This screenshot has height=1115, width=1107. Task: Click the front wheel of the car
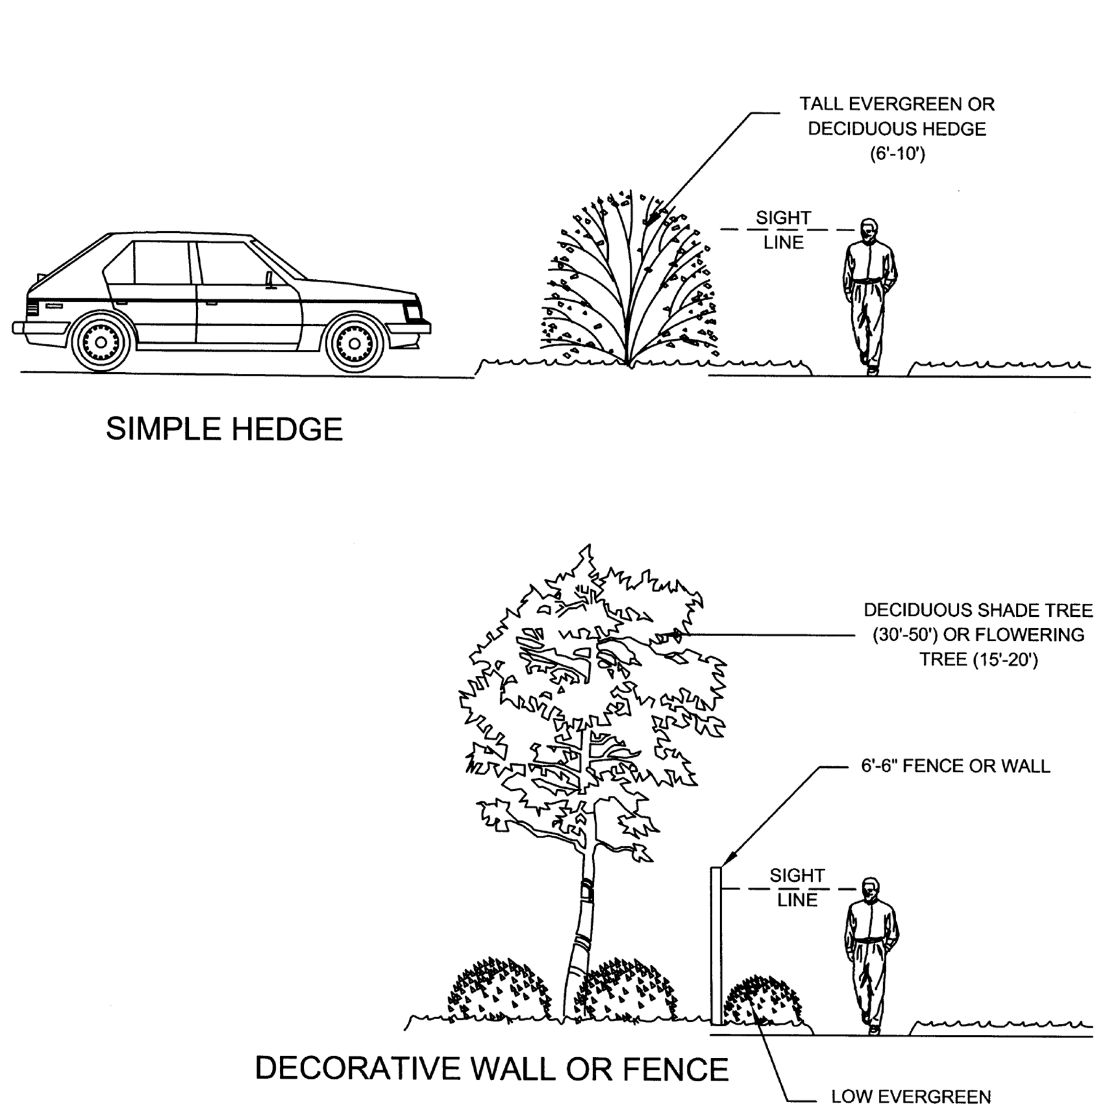[354, 343]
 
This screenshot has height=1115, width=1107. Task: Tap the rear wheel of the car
[101, 343]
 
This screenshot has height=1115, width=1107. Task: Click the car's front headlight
[413, 312]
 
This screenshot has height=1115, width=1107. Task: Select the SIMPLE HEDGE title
[224, 429]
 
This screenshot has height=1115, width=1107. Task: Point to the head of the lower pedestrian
[870, 889]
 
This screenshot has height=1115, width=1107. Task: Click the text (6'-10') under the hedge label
[897, 154]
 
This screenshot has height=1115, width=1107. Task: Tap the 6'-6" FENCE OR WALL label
[955, 766]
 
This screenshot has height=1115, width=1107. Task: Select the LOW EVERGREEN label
[911, 1097]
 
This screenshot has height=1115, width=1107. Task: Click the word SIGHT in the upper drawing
[783, 218]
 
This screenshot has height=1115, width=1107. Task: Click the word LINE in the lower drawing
[797, 900]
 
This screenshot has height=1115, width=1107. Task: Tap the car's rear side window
[160, 263]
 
